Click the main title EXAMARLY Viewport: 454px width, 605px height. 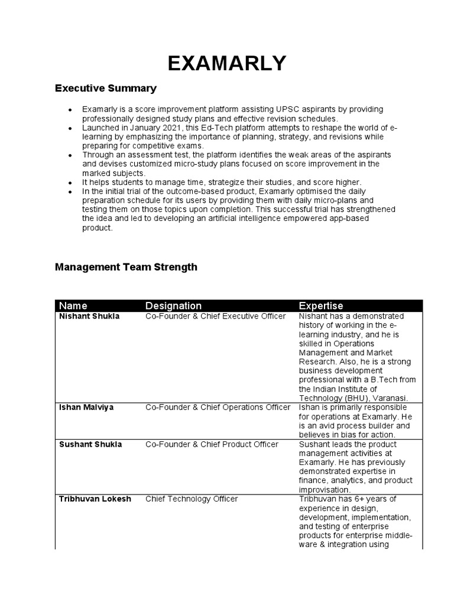(227, 63)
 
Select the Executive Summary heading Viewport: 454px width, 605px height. (106, 89)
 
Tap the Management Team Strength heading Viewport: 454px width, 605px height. (126, 267)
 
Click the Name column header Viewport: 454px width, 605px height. (73, 305)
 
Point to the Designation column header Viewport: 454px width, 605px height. (173, 305)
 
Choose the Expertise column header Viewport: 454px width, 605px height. (320, 305)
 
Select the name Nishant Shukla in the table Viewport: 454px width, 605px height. (89, 317)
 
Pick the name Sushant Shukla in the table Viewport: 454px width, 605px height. (90, 444)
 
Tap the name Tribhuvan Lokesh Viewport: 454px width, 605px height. (94, 499)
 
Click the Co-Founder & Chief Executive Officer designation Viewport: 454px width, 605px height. (215, 317)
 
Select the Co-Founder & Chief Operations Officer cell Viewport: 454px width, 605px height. (218, 408)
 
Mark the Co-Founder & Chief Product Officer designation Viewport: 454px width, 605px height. (212, 444)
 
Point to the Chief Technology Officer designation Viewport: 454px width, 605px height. (192, 499)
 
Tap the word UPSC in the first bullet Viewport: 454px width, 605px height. (286, 109)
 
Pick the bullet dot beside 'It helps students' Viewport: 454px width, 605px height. (70, 183)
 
